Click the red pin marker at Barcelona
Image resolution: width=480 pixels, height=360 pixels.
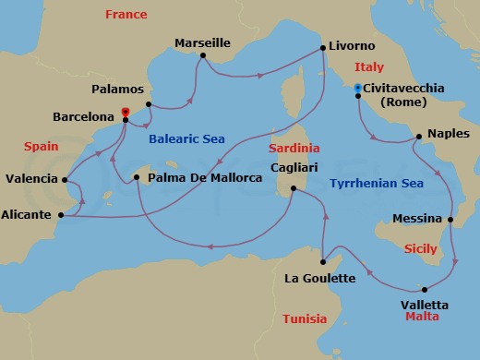click(x=125, y=113)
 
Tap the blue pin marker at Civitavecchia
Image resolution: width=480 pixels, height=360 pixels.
click(x=357, y=89)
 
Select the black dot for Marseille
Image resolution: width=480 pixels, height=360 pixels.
click(x=200, y=56)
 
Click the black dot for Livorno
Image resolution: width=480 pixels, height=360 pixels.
click(x=321, y=47)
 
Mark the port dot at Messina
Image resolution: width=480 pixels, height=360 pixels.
click(x=450, y=220)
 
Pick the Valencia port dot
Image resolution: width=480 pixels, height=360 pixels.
click(x=61, y=179)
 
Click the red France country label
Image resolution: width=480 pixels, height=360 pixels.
click(x=126, y=15)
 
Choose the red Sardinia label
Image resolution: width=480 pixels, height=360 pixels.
click(x=294, y=148)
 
